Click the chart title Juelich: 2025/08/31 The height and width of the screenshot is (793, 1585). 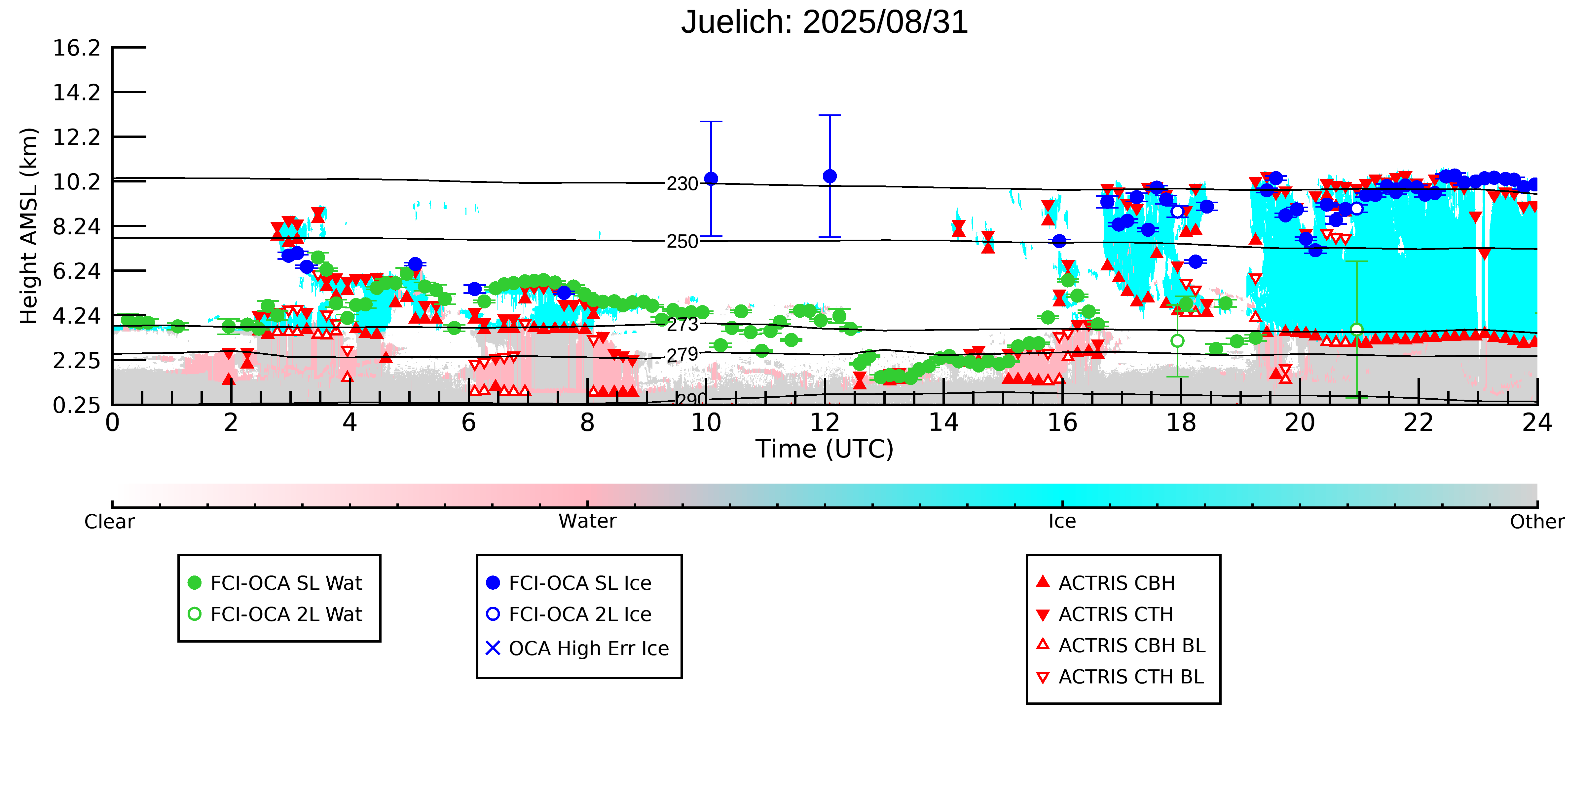point(825,22)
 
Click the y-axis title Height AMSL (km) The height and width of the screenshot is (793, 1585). point(29,226)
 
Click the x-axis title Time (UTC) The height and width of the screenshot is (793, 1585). point(825,449)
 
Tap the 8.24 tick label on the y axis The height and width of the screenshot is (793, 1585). point(76,226)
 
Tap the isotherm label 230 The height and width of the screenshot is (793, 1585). point(682,183)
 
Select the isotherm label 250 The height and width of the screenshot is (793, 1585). point(682,241)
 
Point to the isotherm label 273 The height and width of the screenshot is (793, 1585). point(682,325)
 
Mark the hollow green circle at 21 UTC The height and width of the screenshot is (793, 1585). point(1357,329)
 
